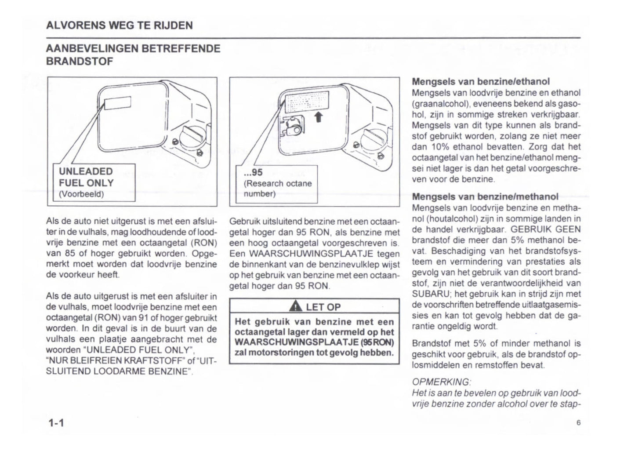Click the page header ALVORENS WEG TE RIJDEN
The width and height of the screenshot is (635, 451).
[x=119, y=25]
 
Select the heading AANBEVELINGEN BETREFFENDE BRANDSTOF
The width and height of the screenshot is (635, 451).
[x=133, y=55]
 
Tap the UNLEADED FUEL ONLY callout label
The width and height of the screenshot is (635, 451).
[x=86, y=177]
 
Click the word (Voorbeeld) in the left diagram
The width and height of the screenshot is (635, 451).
[x=81, y=194]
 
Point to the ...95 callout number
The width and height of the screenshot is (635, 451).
[x=253, y=173]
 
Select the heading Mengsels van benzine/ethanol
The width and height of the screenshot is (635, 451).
[x=481, y=82]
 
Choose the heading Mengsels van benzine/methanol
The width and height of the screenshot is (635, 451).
[x=485, y=196]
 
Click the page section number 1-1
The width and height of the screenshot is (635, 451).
[x=56, y=423]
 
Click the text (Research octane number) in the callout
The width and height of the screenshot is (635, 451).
[x=277, y=188]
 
